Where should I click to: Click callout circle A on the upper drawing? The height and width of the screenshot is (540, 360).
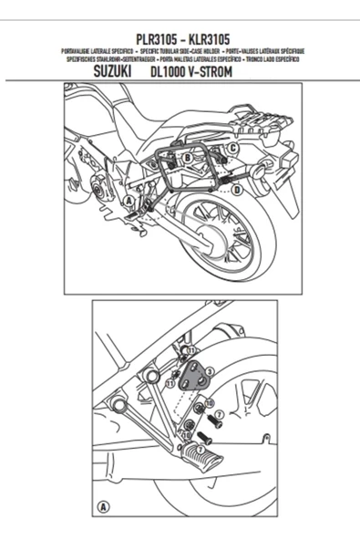[129, 200]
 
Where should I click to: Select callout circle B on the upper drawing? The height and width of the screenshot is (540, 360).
[188, 158]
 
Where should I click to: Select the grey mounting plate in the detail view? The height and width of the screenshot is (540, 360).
[193, 375]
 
